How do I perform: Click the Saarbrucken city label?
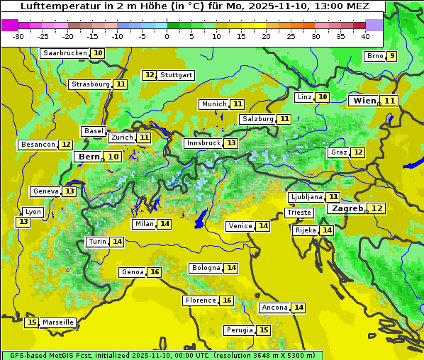[65, 53]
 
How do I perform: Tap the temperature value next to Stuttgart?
[150, 75]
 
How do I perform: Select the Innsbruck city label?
[203, 143]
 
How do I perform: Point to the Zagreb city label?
[347, 208]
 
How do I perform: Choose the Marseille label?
[57, 322]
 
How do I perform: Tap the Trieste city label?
[299, 213]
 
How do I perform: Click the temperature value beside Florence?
[227, 300]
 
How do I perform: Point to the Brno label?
[374, 57]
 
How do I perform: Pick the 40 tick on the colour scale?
[365, 36]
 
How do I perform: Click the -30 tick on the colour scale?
[18, 36]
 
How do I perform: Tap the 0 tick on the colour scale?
[167, 36]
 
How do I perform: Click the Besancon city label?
[38, 145]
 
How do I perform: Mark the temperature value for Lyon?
[23, 222]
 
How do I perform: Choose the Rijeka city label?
[306, 230]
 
